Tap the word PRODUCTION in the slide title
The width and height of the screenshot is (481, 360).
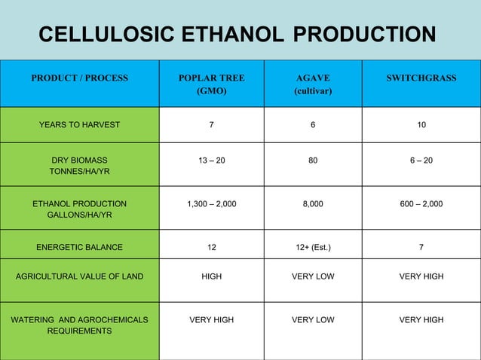(363, 35)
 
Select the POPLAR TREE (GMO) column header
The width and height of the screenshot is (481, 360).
(211, 84)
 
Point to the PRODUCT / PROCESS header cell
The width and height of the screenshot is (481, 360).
(79, 78)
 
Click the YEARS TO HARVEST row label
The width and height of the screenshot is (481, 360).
(79, 125)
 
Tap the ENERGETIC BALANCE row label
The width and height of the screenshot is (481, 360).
(79, 246)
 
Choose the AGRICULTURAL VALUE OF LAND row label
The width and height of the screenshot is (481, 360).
(79, 276)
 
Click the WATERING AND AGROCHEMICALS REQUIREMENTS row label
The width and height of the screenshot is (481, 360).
(79, 325)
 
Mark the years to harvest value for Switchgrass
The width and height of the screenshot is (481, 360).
(421, 125)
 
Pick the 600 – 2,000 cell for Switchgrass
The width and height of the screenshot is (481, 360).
(421, 203)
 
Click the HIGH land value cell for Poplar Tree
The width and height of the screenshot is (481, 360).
(211, 276)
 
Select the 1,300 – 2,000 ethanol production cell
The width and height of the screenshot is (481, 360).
(211, 203)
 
